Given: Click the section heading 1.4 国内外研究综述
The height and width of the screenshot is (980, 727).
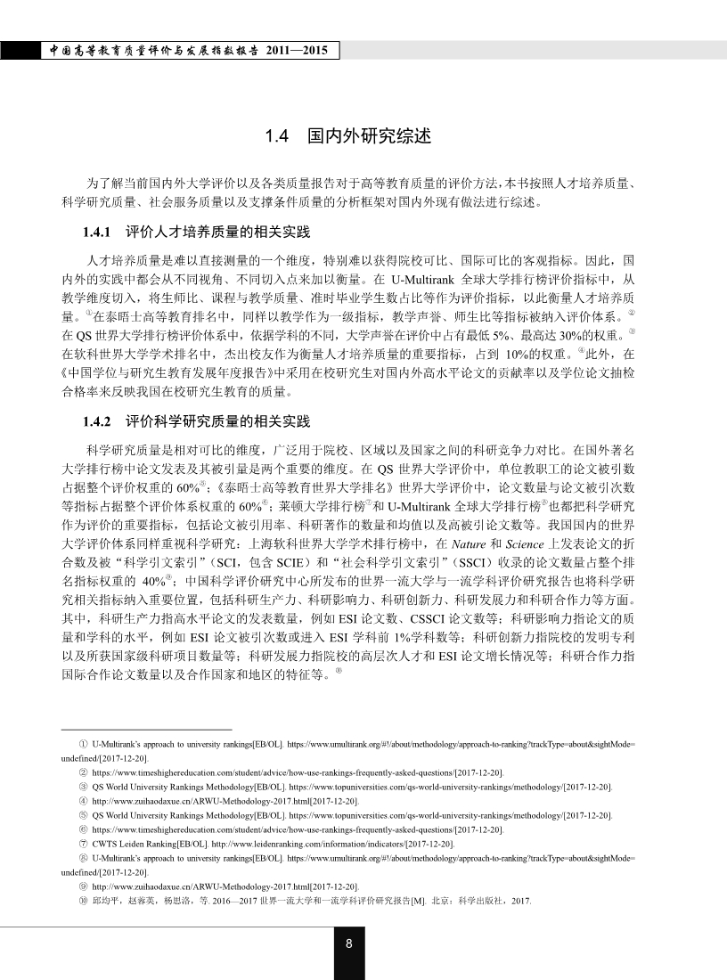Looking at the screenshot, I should (349, 137).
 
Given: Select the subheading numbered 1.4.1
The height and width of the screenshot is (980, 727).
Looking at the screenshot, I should (195, 233).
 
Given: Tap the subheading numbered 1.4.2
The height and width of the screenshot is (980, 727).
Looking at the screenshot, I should (195, 421).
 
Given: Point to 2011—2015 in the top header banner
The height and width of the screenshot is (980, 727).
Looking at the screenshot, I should (302, 51).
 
